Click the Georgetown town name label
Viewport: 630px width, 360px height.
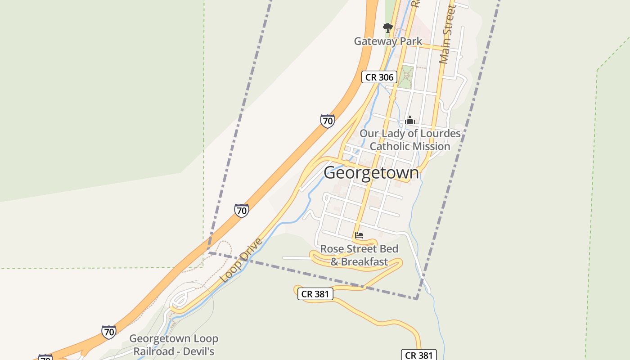(x=371, y=173)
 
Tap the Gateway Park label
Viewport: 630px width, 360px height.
(x=388, y=41)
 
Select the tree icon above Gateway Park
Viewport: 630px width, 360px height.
(x=387, y=28)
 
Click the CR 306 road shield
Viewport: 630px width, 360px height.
(x=379, y=77)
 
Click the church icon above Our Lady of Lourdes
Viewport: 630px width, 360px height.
(x=409, y=120)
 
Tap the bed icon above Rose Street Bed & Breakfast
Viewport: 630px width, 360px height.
(x=359, y=235)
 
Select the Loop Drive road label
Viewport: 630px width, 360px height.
(x=241, y=261)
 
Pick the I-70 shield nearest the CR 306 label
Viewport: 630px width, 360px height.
(x=327, y=121)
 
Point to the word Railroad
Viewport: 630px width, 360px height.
(x=153, y=351)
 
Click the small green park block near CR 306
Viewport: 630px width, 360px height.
(x=407, y=77)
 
